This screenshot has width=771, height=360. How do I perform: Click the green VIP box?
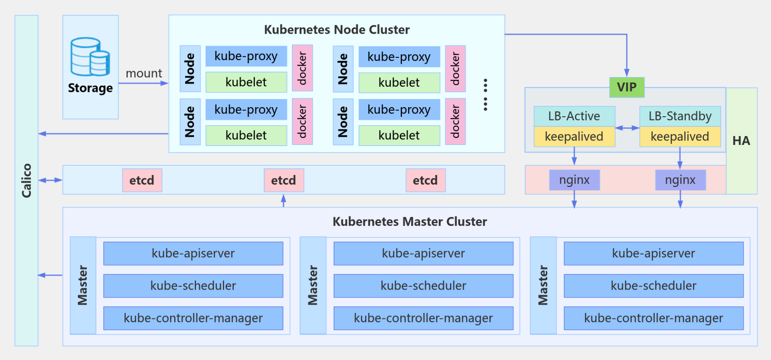(x=626, y=87)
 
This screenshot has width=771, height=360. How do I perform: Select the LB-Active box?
(x=574, y=116)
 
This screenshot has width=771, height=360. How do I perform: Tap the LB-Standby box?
(x=680, y=116)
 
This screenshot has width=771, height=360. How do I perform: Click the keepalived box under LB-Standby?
(x=680, y=137)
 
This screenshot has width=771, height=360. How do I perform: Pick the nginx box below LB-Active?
(x=574, y=180)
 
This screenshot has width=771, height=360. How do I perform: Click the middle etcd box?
(x=284, y=180)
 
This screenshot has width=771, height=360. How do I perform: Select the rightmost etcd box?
(x=425, y=180)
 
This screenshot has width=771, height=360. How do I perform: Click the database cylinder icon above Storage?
(x=90, y=57)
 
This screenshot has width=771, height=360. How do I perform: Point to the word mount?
(x=144, y=73)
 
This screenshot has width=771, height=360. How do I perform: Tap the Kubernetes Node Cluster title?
(x=337, y=30)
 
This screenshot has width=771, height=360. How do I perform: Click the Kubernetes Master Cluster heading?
(x=410, y=222)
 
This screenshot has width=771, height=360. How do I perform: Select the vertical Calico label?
(x=27, y=181)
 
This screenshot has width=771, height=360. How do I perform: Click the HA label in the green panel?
(x=741, y=141)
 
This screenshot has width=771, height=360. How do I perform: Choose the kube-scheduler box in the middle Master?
(x=423, y=286)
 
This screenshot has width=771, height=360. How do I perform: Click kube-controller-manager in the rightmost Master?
(x=653, y=318)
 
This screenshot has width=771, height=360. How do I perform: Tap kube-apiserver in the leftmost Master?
(x=193, y=253)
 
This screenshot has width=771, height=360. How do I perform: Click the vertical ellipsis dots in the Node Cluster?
(x=485, y=95)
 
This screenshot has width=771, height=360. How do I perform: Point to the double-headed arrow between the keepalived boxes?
(x=627, y=128)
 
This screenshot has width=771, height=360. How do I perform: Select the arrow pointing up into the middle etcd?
(x=284, y=200)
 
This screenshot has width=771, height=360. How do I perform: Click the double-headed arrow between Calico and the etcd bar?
(x=50, y=180)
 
